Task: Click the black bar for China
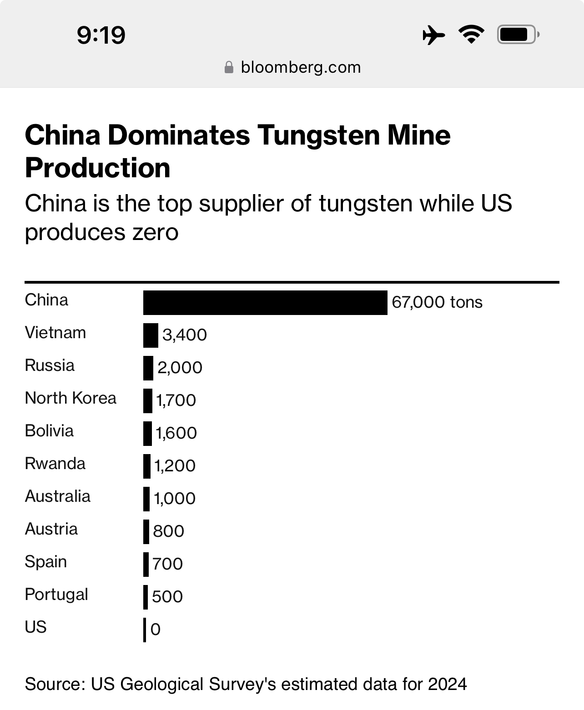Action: (x=265, y=302)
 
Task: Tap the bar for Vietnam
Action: (x=151, y=335)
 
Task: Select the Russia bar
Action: (x=148, y=368)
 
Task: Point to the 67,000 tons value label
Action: (x=437, y=302)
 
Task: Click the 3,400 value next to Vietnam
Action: (x=185, y=335)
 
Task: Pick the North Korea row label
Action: (x=70, y=398)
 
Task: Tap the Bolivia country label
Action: (x=49, y=431)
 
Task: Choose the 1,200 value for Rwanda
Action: (x=175, y=466)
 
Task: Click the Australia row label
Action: (x=58, y=496)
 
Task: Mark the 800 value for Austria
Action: (x=168, y=531)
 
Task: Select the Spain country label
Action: (x=46, y=562)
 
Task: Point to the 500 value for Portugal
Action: (x=167, y=597)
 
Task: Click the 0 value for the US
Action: (x=156, y=630)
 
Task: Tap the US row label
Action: (x=36, y=627)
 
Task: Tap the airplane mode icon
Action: (x=433, y=35)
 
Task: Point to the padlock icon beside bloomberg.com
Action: (x=229, y=68)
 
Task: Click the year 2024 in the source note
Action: (x=447, y=684)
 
